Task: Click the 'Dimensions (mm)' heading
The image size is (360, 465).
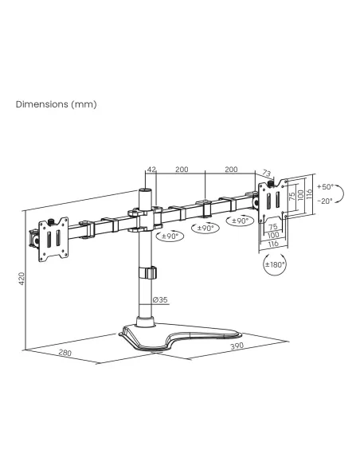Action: (x=57, y=104)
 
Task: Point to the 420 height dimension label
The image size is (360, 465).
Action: (x=22, y=279)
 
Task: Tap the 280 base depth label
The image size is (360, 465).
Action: (x=65, y=353)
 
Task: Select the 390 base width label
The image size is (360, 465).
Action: (x=237, y=346)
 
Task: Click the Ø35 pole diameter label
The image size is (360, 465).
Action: (x=160, y=299)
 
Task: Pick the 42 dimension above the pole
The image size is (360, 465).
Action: (x=151, y=170)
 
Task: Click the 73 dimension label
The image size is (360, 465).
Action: (x=267, y=173)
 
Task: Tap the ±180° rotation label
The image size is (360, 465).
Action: (x=275, y=264)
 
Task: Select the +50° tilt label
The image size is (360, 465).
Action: (x=325, y=186)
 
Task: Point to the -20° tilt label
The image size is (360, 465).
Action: (x=325, y=201)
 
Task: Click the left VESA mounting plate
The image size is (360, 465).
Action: (x=53, y=239)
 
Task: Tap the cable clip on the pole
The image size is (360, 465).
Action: (x=147, y=273)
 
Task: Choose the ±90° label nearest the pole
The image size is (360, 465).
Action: (x=170, y=236)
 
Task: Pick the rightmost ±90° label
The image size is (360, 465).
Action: (x=240, y=221)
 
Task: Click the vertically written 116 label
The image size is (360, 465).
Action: (x=309, y=194)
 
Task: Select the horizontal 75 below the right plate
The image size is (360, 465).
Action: (x=272, y=227)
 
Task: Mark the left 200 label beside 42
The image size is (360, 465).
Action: (x=182, y=169)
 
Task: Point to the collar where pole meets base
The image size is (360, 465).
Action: (x=145, y=322)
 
